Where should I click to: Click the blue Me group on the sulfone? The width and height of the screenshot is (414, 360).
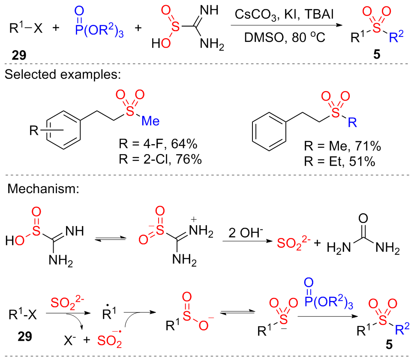click(150, 121)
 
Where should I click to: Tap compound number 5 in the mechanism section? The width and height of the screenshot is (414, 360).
click(388, 346)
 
